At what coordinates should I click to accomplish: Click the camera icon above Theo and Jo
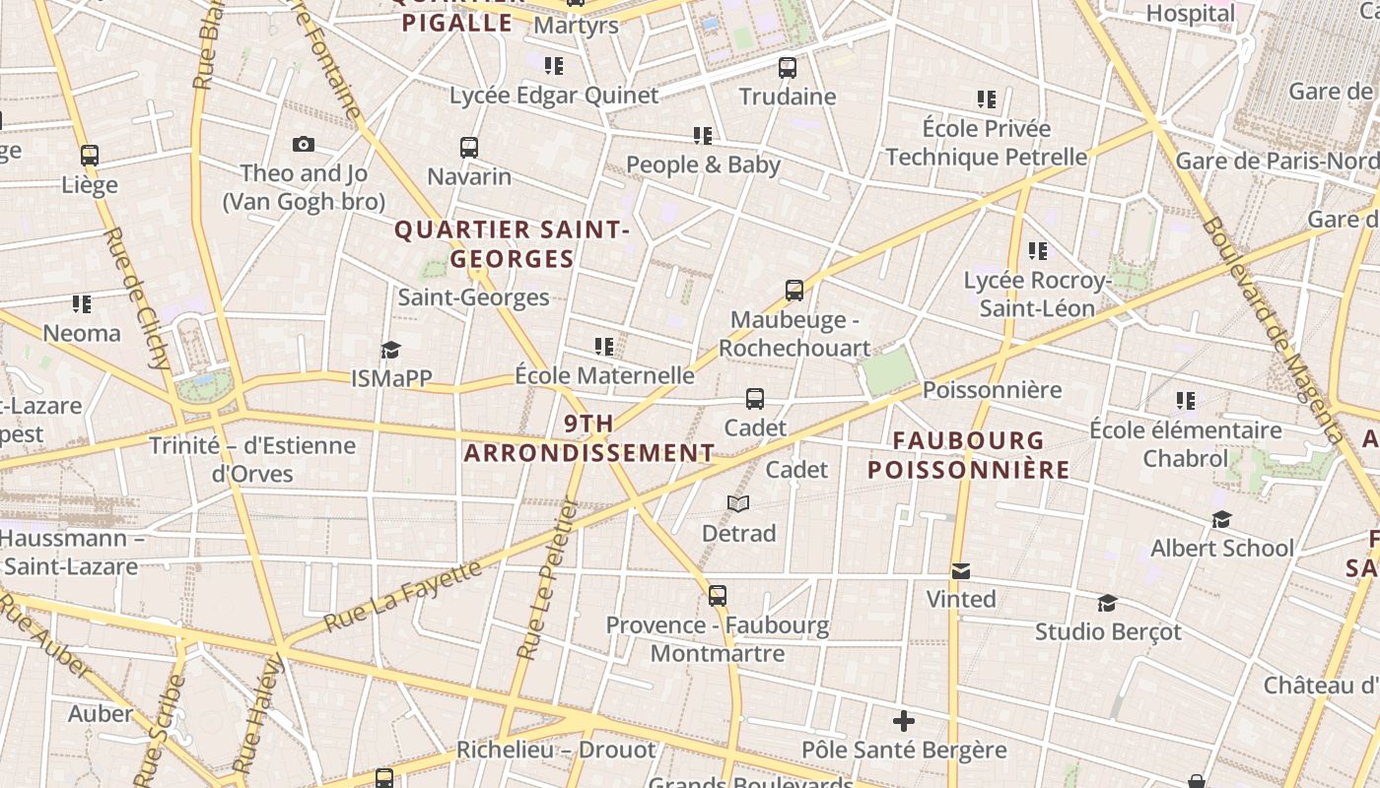(x=304, y=145)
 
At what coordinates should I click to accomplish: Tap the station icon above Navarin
(x=469, y=148)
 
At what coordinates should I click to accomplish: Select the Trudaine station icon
(x=787, y=68)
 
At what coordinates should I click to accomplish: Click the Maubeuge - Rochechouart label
(x=794, y=334)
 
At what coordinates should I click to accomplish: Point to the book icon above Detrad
(x=738, y=504)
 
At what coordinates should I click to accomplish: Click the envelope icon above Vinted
(x=961, y=571)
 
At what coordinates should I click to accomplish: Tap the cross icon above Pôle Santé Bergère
(x=904, y=721)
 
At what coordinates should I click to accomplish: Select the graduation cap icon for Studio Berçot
(x=1108, y=603)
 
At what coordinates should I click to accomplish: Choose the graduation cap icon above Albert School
(x=1222, y=519)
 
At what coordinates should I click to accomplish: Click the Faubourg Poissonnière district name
(x=969, y=455)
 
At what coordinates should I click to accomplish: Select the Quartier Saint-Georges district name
(x=512, y=244)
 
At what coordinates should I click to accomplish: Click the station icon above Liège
(x=90, y=156)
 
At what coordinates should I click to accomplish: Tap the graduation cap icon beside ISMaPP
(x=391, y=351)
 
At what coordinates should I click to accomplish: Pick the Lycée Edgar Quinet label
(x=554, y=96)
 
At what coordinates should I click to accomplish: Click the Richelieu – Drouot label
(x=556, y=751)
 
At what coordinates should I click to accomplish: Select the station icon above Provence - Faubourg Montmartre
(x=718, y=596)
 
